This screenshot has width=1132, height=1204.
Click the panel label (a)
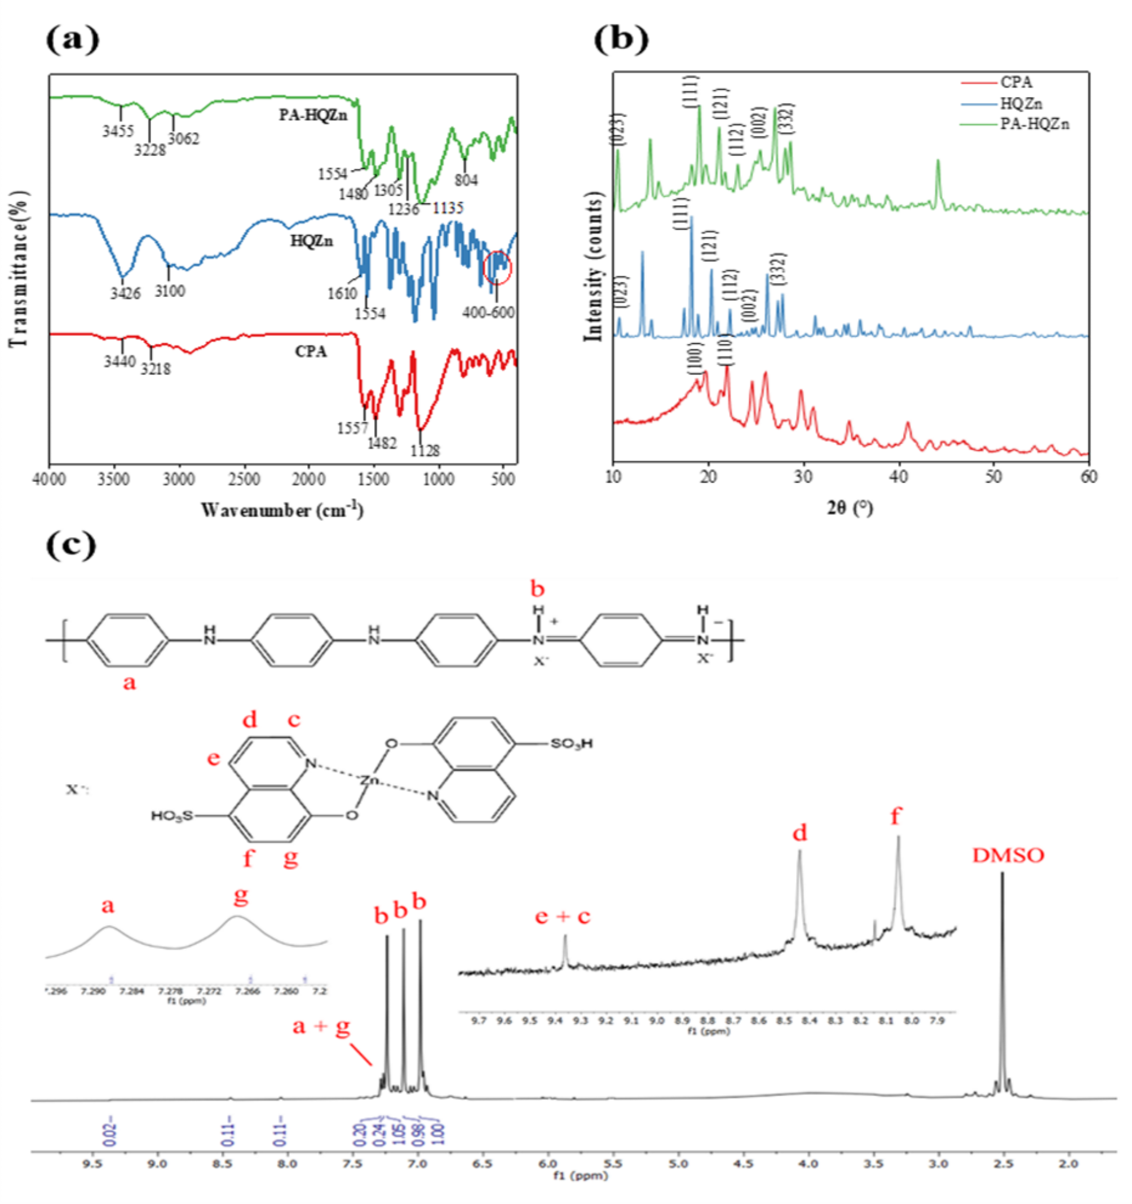pos(72,41)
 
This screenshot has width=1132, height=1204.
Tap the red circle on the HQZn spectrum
pos(498,267)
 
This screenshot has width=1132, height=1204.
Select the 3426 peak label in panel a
pos(125,294)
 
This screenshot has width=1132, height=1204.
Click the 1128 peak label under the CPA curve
pos(425,450)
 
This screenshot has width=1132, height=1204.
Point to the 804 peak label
pos(466,180)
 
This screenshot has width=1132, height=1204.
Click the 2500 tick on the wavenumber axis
pos(244,480)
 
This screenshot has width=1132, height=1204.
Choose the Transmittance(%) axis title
pos(18,269)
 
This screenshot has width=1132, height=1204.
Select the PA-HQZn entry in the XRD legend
pos(1034,124)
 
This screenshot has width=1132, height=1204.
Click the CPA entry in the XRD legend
pos(1016,82)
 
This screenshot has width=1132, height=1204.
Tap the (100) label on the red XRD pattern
pos(695,358)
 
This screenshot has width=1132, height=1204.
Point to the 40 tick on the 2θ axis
pos(899,477)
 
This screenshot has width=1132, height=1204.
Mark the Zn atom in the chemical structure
pos(369,780)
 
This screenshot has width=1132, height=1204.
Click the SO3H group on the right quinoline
pos(571,743)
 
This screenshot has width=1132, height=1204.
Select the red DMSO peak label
pos(1008,856)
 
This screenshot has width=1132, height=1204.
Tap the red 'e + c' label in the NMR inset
pos(563,917)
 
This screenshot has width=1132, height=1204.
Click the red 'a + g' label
pos(321,1026)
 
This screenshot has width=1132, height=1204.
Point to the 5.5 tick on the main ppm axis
pos(613,1164)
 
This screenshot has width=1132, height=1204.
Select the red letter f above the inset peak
pos(896,817)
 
